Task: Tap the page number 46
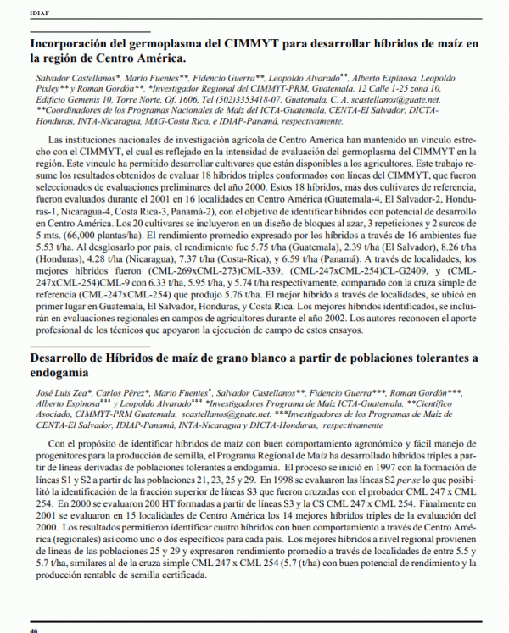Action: (x=34, y=628)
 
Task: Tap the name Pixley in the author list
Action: (x=45, y=87)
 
